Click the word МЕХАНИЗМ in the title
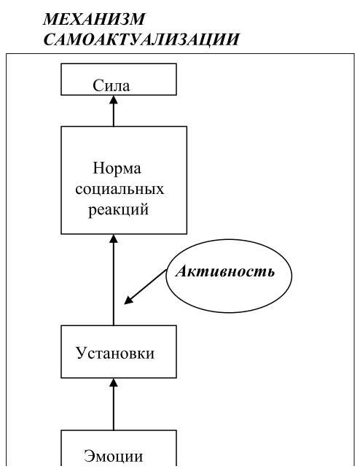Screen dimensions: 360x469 (94, 20)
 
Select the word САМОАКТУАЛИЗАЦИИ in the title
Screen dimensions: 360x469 (141, 39)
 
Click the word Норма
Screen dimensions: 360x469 (117, 168)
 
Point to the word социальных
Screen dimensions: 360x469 (120, 189)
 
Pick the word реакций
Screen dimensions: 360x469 (118, 209)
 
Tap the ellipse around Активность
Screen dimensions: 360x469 (166, 276)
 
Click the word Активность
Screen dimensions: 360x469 (224, 271)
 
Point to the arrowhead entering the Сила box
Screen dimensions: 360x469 (114, 100)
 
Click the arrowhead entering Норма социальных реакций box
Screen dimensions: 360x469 (114, 239)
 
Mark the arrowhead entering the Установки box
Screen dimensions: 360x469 (114, 382)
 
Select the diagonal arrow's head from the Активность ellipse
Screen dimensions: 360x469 (128, 301)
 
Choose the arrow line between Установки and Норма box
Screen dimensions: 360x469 (114, 279)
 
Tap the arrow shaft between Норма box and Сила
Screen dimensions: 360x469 (114, 111)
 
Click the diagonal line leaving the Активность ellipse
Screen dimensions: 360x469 (145, 287)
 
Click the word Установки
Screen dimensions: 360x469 (115, 353)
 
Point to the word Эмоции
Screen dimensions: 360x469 (114, 456)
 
